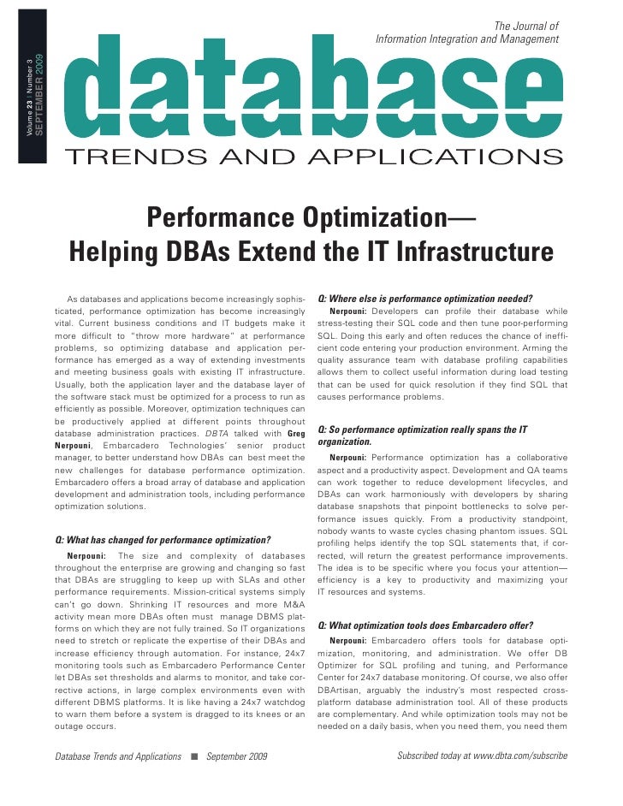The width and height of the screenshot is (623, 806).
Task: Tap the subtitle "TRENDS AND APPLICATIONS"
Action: click(x=314, y=157)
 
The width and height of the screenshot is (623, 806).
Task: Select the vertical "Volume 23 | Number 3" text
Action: click(x=31, y=99)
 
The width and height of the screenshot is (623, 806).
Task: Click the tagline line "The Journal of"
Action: click(x=526, y=27)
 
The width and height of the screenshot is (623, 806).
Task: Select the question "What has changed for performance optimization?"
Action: click(x=163, y=540)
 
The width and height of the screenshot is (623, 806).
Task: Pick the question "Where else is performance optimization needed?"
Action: click(x=425, y=299)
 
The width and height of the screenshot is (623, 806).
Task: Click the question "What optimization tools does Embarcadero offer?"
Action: click(x=425, y=625)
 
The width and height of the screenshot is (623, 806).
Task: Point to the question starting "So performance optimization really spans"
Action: click(x=422, y=430)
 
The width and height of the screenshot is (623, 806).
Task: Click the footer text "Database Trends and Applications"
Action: click(x=118, y=756)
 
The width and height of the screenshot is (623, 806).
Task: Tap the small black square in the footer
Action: click(x=194, y=756)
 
